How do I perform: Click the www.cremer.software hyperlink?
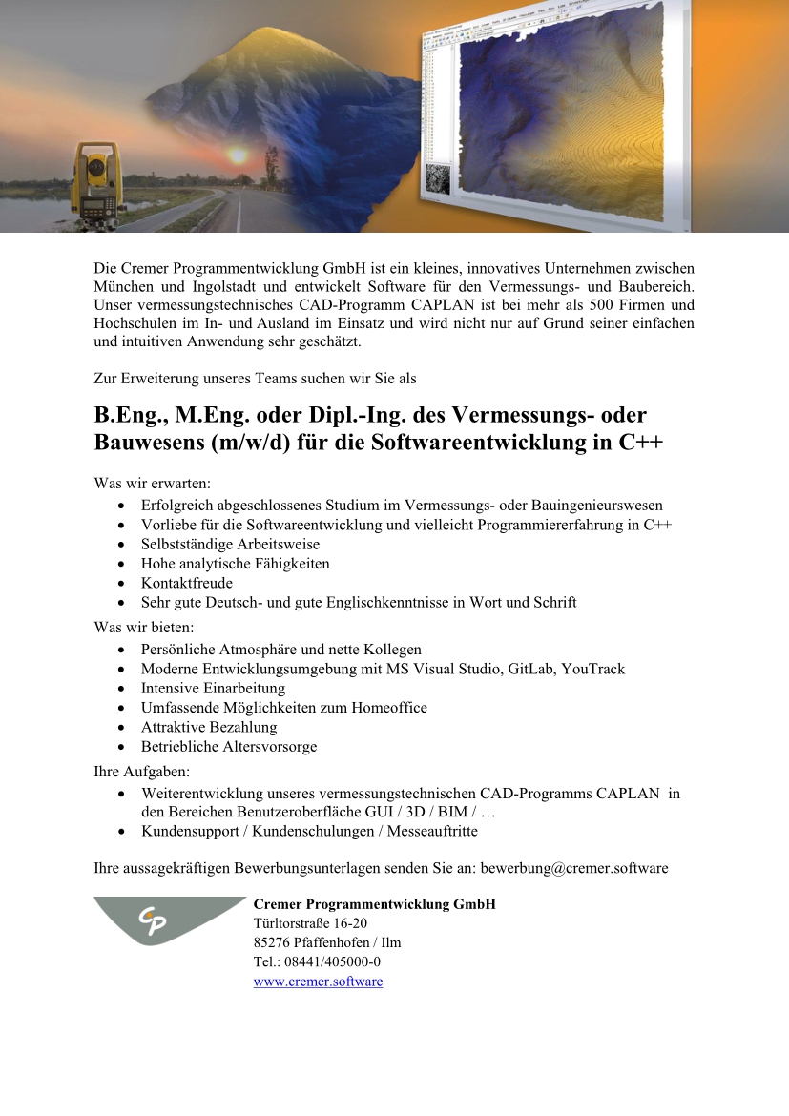[x=318, y=982]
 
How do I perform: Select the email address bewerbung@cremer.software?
[x=573, y=869]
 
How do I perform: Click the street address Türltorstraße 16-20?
[x=310, y=923]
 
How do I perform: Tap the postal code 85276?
[x=273, y=942]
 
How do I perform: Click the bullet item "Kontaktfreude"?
[x=187, y=583]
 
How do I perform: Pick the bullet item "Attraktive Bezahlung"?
[x=209, y=727]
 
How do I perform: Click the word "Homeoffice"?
[x=389, y=708]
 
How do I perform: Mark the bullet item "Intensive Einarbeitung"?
[x=213, y=688]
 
